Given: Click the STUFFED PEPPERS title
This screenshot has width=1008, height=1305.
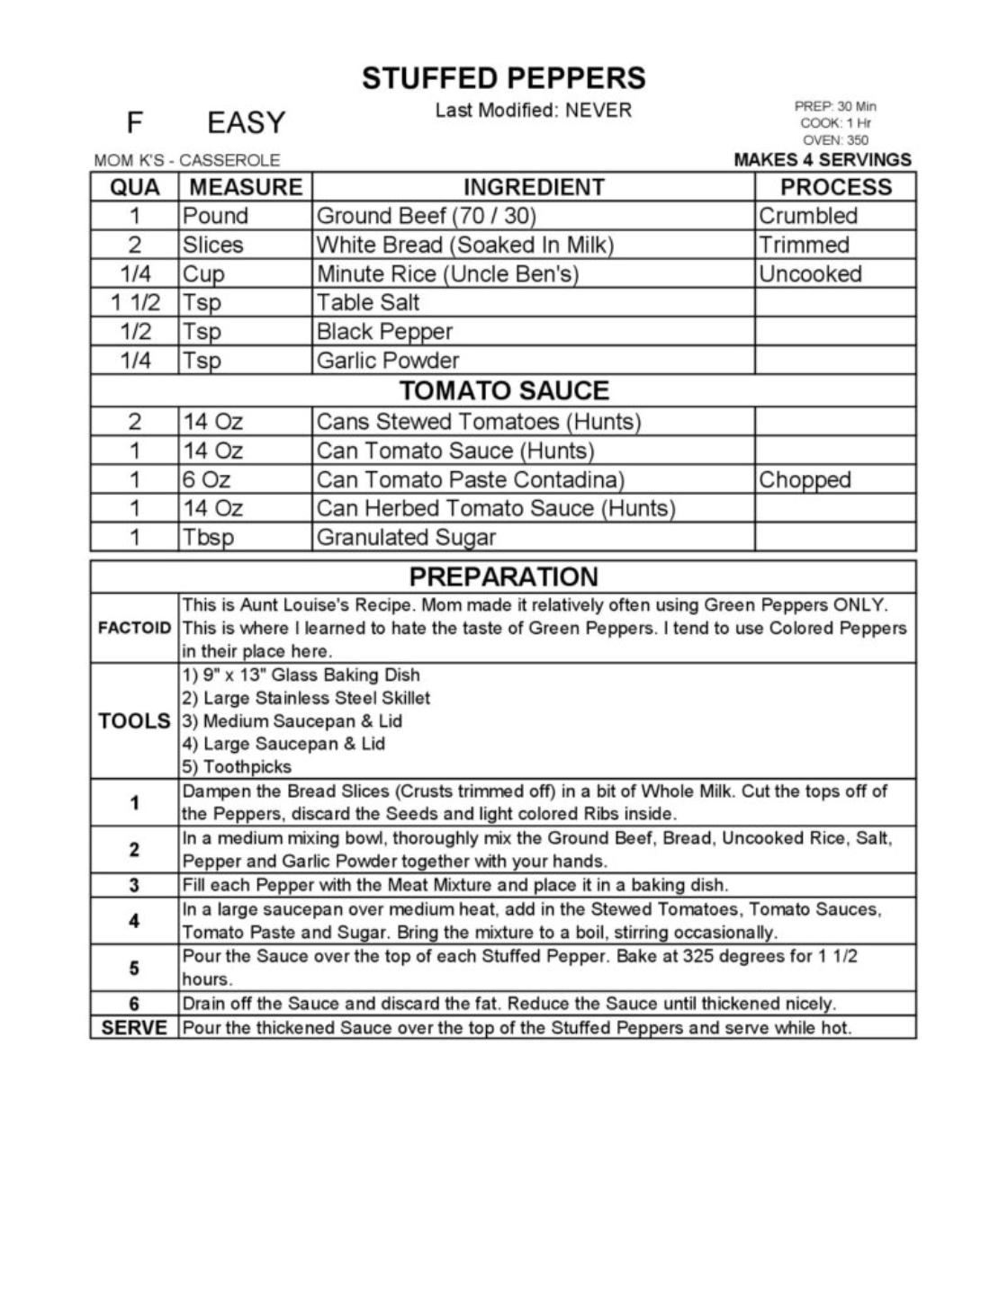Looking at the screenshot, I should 503,78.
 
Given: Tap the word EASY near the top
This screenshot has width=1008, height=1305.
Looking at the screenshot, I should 246,122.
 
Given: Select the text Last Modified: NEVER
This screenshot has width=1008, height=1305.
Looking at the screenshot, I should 533,111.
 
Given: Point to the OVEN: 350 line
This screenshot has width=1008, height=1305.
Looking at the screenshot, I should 835,140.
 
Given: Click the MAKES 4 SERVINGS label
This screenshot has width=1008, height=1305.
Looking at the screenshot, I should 823,160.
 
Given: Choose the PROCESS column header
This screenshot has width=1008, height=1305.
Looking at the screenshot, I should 835,187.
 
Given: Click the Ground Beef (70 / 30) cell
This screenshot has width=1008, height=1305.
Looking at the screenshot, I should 426,216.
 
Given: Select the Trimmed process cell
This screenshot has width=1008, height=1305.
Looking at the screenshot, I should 804,245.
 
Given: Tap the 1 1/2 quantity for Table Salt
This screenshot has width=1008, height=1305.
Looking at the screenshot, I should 135,302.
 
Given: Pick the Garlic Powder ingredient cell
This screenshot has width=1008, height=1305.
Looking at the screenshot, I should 388,361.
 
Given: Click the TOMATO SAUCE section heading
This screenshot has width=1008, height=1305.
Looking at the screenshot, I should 504,390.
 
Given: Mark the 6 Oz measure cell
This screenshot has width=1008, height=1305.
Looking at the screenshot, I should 206,479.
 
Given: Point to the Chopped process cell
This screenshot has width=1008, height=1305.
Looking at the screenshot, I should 805,479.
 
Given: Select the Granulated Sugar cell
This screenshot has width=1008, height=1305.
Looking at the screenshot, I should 406,538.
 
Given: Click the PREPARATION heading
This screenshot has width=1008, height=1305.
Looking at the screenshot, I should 503,577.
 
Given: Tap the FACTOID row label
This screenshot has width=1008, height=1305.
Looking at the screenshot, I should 134,628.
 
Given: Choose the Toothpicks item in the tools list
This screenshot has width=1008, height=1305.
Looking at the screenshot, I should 238,767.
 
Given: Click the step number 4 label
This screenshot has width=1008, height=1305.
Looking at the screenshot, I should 134,921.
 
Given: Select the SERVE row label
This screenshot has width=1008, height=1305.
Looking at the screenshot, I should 134,1027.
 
